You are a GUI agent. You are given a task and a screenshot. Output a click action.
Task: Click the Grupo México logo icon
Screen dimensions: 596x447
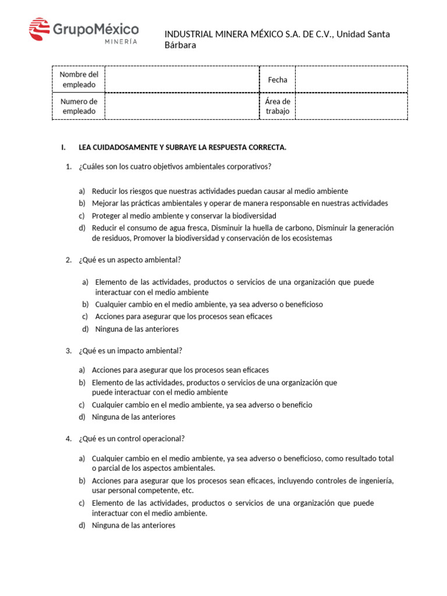[40, 29]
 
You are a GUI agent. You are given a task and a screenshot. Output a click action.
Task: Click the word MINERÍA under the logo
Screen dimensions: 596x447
[121, 41]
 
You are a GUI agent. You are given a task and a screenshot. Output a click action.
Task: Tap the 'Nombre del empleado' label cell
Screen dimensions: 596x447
[79, 80]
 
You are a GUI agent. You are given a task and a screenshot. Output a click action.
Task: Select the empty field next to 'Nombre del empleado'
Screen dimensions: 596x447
[182, 80]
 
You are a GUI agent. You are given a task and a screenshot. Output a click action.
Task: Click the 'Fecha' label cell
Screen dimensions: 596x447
[278, 80]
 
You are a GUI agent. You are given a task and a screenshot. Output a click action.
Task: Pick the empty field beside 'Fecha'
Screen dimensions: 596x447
[351, 80]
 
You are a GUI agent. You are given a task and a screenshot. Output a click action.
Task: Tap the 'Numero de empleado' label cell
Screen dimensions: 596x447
[79, 106]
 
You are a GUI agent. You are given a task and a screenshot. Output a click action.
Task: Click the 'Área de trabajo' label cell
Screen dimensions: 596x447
[278, 106]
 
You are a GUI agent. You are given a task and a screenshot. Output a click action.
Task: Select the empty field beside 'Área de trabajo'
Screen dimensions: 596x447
[351, 106]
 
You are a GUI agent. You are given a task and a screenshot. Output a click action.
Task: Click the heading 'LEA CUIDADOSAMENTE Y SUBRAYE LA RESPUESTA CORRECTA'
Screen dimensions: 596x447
[182, 147]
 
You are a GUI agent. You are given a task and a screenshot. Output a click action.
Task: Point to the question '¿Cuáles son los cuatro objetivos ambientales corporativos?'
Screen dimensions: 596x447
[175, 166]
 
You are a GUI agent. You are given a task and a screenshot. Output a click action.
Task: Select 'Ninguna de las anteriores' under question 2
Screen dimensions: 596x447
[137, 329]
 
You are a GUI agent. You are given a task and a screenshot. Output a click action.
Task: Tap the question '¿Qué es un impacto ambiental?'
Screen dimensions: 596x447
[130, 350]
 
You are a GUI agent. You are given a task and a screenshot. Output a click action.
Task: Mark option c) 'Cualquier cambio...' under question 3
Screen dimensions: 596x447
[202, 405]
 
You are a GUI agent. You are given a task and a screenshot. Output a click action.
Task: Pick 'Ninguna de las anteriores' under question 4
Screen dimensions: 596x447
[133, 525]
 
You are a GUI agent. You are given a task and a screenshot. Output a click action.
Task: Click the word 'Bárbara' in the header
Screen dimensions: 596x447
[180, 45]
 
